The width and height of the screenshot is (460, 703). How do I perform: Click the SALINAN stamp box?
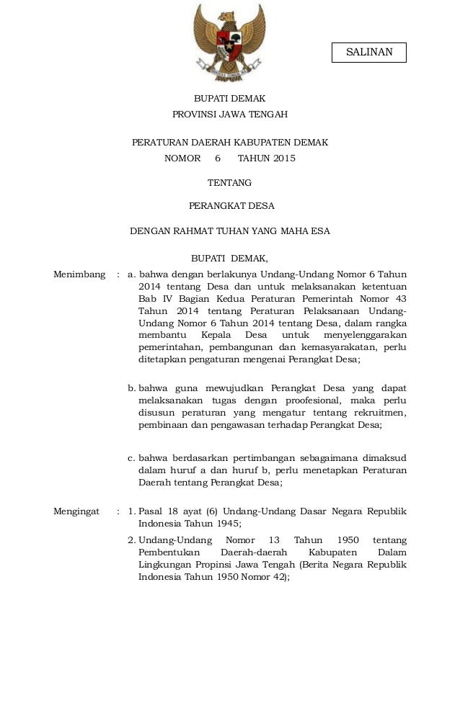(368, 53)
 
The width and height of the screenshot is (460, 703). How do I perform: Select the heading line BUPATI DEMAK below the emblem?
(229, 99)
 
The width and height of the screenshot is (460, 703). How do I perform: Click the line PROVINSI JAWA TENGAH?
(229, 115)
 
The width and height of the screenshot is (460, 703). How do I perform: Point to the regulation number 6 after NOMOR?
(217, 158)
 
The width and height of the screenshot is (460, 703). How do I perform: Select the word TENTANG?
(229, 183)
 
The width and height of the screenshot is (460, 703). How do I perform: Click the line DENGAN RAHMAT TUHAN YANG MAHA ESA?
(229, 231)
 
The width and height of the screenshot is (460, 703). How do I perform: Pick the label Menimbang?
(79, 274)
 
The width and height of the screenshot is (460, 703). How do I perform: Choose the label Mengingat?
(76, 511)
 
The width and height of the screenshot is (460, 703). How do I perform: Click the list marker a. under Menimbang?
(132, 274)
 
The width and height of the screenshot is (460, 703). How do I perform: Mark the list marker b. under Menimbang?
(132, 388)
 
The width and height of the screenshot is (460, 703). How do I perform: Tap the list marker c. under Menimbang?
(132, 457)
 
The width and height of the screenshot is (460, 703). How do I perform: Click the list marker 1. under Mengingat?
(132, 511)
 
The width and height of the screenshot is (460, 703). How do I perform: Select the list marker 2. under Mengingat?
(132, 540)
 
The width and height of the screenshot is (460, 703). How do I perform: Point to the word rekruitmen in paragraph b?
(380, 413)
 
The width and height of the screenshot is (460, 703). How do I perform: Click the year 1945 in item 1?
(225, 524)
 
